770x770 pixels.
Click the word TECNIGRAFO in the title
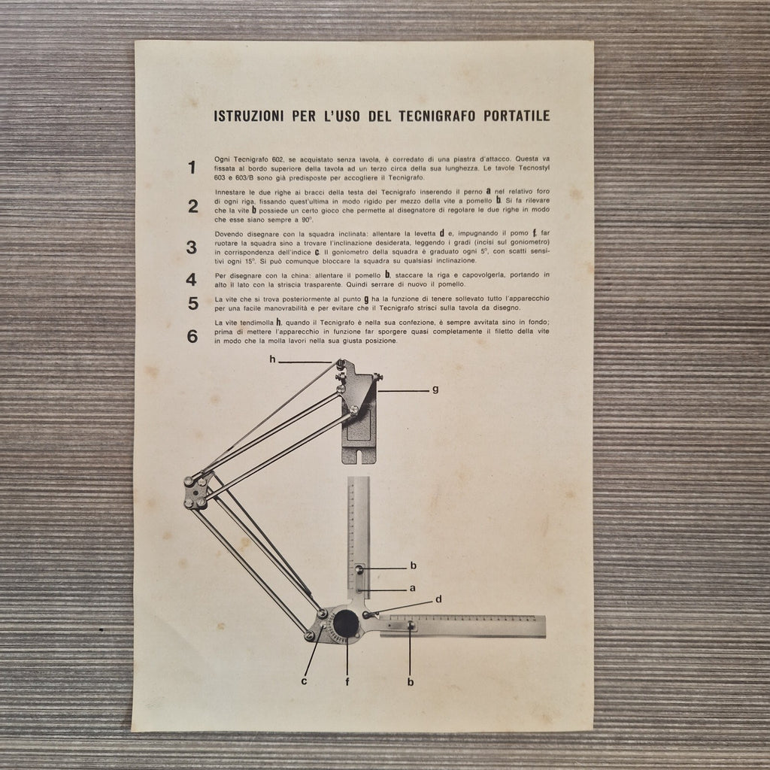point(437,116)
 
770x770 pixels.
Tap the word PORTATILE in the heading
point(517,116)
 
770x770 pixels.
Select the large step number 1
point(192,168)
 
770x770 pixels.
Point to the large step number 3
point(192,247)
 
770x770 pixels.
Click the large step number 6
point(192,336)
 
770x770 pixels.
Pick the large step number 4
point(191,280)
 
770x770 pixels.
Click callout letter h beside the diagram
point(272,359)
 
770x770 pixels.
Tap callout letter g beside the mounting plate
point(435,390)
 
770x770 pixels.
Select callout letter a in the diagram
point(413,588)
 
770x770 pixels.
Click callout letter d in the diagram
point(438,599)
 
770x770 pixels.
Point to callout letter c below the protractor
point(304,681)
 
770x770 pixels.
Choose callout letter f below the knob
point(347,681)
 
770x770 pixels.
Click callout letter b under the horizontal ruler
point(411,681)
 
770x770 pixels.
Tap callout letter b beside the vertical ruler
point(414,565)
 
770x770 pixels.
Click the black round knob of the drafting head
point(346,624)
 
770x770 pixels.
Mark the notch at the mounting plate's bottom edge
point(359,457)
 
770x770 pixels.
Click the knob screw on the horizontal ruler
point(411,625)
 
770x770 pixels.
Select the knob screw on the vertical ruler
point(359,570)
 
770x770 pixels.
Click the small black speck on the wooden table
point(102,629)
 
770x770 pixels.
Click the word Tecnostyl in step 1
point(535,168)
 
